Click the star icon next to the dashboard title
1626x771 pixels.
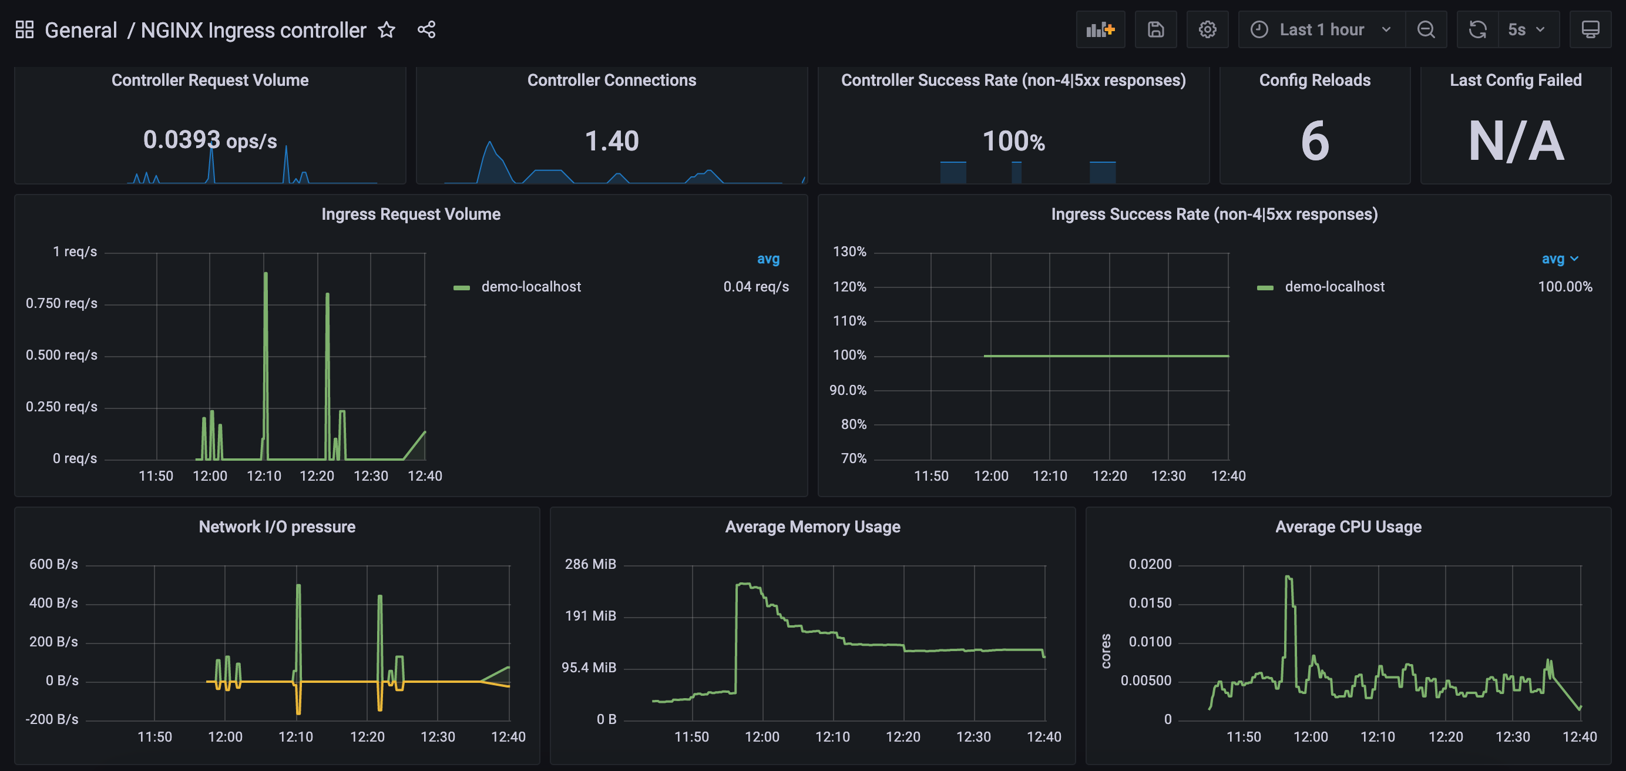(387, 30)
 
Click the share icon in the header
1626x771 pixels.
(426, 30)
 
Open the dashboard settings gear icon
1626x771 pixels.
(1207, 30)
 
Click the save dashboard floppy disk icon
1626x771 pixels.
(1155, 30)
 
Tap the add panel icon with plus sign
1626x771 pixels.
(1100, 30)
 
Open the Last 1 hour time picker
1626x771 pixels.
(1322, 30)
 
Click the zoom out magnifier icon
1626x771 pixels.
(1426, 30)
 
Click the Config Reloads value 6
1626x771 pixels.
(1315, 141)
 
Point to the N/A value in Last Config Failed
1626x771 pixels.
(1516, 141)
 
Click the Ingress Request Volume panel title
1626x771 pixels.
(411, 214)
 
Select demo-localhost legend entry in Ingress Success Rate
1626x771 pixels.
(1333, 287)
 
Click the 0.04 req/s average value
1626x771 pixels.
(755, 287)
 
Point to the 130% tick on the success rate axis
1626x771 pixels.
(849, 252)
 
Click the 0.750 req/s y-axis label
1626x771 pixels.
(61, 303)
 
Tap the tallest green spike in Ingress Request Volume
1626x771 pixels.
(266, 275)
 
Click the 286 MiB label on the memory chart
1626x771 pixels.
(590, 564)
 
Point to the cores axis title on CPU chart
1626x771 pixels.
(1106, 651)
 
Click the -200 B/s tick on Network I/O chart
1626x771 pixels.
(52, 719)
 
